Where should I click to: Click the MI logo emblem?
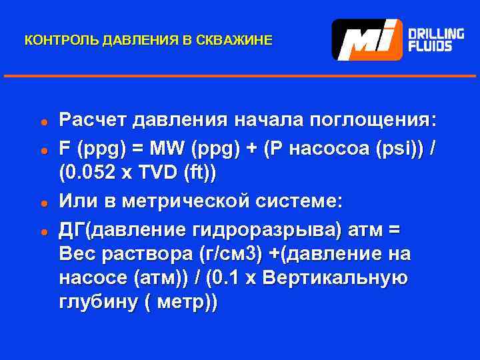click(x=367, y=39)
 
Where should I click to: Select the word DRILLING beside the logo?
click(x=436, y=33)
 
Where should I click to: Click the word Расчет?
click(x=92, y=121)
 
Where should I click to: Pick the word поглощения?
click(x=377, y=121)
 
